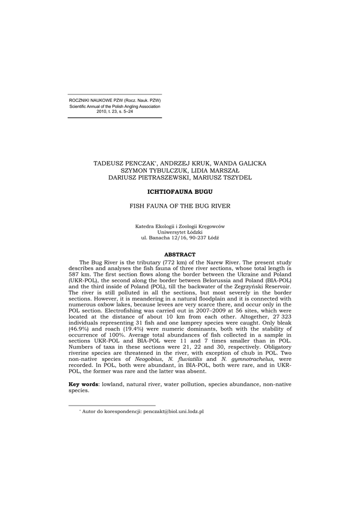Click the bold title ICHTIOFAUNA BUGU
[x=180, y=191]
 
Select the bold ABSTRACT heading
[x=180, y=254]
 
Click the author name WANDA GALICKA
[x=244, y=164]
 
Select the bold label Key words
[x=83, y=384]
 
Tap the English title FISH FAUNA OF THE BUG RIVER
[x=180, y=205]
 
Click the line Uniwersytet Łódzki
[x=180, y=232]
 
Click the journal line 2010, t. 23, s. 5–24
[x=114, y=111]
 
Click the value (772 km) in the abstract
[x=174, y=262]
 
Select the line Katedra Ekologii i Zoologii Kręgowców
[x=180, y=226]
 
